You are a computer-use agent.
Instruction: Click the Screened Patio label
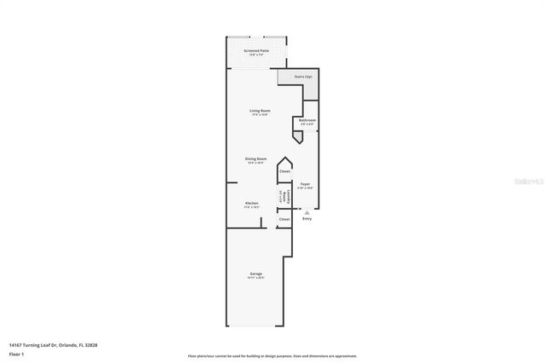(x=257, y=50)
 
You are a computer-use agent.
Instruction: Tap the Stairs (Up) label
(x=303, y=78)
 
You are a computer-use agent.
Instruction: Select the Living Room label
(x=260, y=111)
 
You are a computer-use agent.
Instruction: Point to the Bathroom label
(x=307, y=120)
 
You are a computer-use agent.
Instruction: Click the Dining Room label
(x=256, y=158)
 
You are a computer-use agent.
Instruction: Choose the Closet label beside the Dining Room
(x=284, y=171)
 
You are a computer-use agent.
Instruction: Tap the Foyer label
(x=305, y=183)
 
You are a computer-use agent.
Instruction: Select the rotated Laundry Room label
(x=283, y=198)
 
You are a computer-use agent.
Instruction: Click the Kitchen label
(x=252, y=203)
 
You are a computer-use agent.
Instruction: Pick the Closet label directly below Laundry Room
(x=284, y=219)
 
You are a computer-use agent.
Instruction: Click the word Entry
(x=307, y=219)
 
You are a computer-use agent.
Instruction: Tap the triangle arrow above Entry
(x=307, y=211)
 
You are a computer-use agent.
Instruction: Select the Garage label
(x=256, y=274)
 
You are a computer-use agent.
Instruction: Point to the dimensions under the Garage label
(x=256, y=278)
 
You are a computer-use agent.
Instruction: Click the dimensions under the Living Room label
(x=260, y=115)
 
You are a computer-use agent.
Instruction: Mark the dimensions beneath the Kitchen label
(x=252, y=207)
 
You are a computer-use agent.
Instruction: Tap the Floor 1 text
(x=16, y=353)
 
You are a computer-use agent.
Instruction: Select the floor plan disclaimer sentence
(x=272, y=356)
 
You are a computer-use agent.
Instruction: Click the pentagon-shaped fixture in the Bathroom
(x=297, y=136)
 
